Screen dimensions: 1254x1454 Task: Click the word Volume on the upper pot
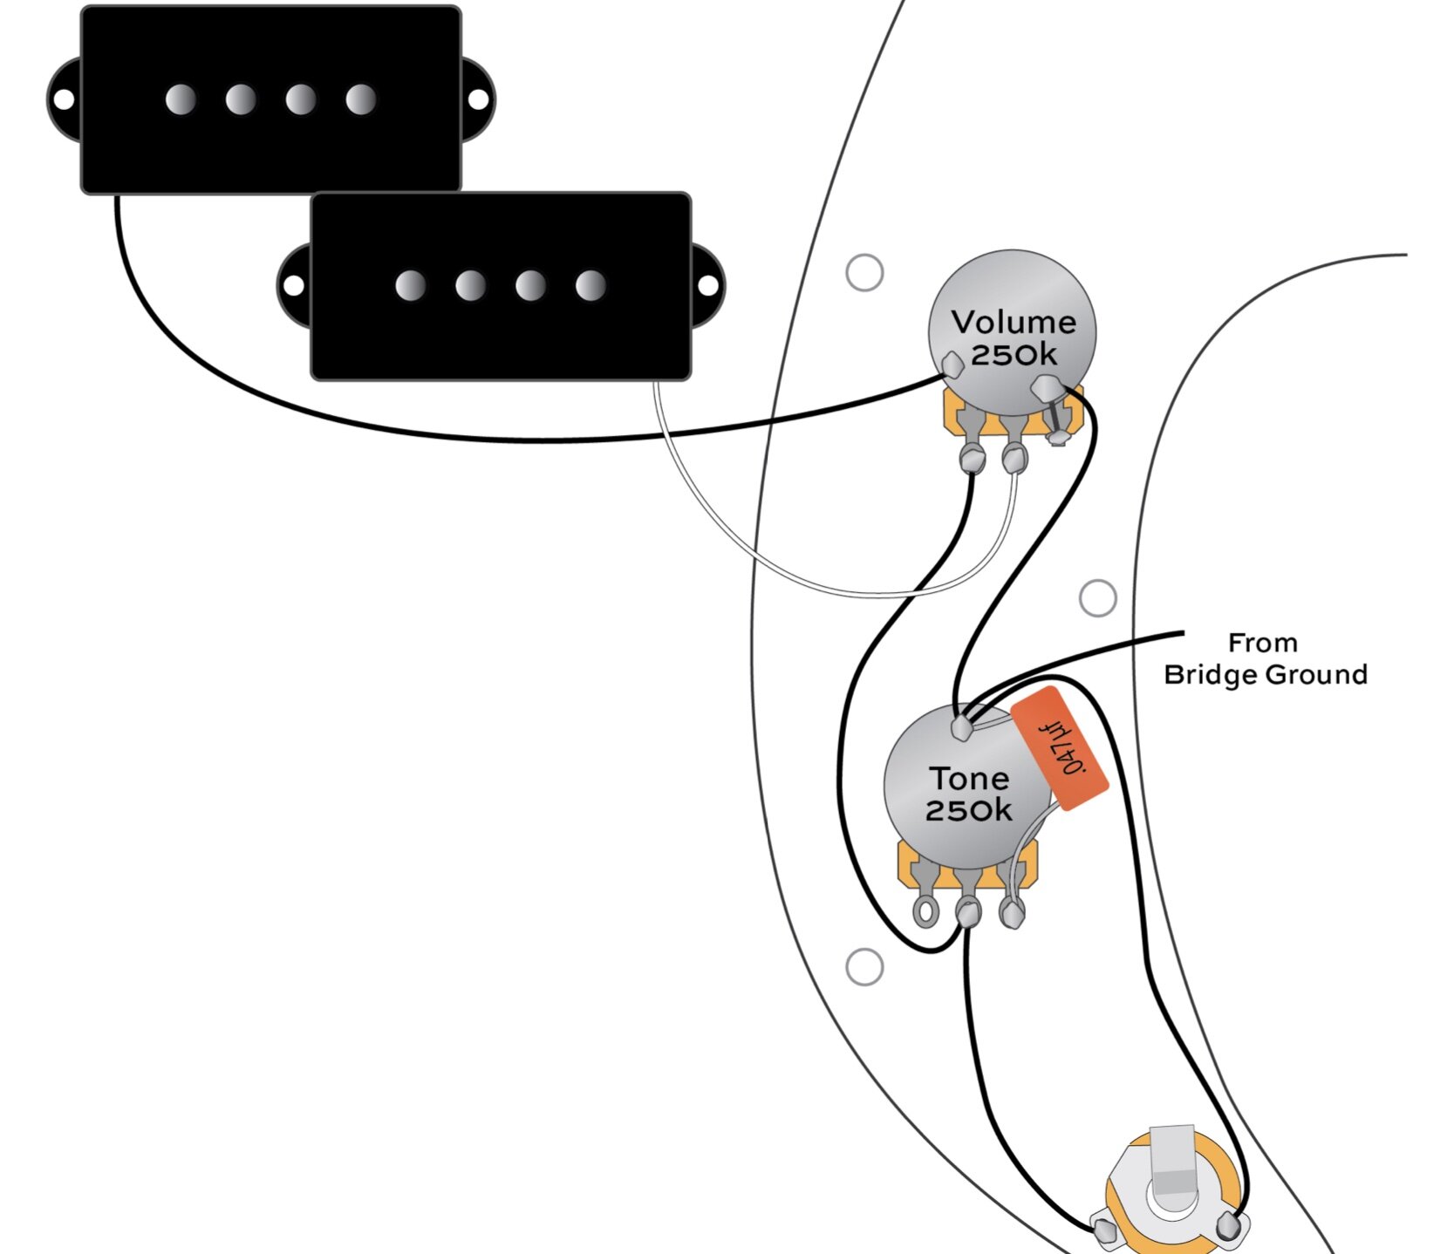coord(1014,323)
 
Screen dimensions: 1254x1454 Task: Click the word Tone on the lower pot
coord(969,778)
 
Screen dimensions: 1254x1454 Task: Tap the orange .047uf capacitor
coord(1060,748)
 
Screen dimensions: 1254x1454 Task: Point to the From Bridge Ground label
coord(1265,659)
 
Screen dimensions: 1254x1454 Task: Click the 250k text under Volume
coord(1014,355)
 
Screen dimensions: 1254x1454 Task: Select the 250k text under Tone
coord(968,810)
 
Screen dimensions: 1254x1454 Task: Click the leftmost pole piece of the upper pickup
coord(181,100)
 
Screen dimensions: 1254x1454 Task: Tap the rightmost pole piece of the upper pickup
coord(360,100)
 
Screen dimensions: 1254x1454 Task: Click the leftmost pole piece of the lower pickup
coord(410,285)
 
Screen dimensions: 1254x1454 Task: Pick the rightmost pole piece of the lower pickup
coord(590,285)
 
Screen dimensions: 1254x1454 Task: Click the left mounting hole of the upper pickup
coord(64,100)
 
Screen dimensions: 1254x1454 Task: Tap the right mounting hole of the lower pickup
coord(708,285)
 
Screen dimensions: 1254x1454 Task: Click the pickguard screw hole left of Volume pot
coord(864,273)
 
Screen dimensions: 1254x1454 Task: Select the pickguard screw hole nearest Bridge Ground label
coord(1097,598)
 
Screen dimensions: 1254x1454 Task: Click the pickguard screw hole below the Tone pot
coord(864,967)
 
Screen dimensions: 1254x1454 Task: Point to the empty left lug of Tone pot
coord(924,912)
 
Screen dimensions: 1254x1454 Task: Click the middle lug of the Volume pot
coord(1014,456)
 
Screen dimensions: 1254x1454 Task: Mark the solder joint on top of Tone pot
coord(962,726)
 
